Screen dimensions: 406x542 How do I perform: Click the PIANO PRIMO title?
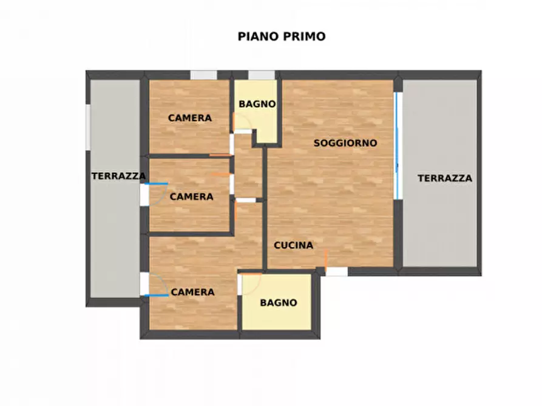point(281,36)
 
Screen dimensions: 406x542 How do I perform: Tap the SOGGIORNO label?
point(345,144)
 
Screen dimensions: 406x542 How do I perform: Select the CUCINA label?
point(293,245)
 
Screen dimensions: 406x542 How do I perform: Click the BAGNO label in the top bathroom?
point(257,104)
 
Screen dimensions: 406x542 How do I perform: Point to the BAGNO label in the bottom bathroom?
point(279,303)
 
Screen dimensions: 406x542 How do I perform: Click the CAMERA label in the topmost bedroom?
point(190,118)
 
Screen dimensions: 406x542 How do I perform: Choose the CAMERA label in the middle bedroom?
point(191,197)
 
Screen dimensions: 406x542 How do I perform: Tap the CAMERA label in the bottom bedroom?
point(192,292)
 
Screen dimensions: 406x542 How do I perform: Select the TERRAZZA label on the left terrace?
point(118,176)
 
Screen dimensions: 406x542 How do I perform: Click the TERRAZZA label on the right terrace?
point(445,178)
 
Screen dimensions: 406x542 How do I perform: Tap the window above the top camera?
point(203,75)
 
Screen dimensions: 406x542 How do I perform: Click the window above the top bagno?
point(262,75)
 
